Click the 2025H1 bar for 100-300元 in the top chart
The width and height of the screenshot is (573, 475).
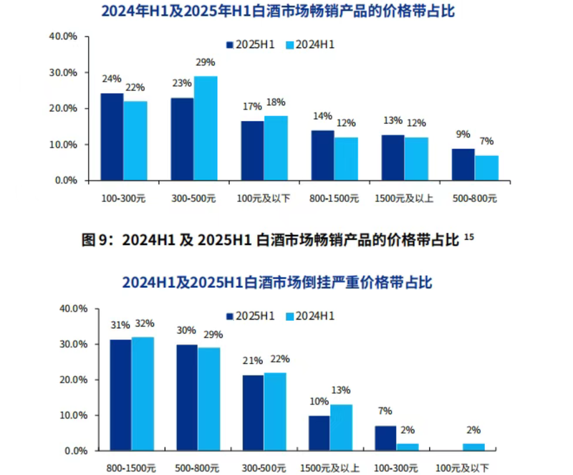pos(112,137)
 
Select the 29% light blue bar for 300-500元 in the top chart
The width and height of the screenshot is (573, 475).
pos(206,128)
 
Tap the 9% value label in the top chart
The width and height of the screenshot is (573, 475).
pos(463,133)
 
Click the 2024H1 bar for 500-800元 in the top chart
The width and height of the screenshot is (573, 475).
pos(486,168)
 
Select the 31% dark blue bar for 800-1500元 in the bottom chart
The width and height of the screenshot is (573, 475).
pos(120,395)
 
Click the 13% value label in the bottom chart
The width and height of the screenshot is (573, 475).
pos(341,390)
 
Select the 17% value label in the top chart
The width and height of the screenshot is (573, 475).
pos(251,107)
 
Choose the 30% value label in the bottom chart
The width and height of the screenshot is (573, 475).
pos(186,330)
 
